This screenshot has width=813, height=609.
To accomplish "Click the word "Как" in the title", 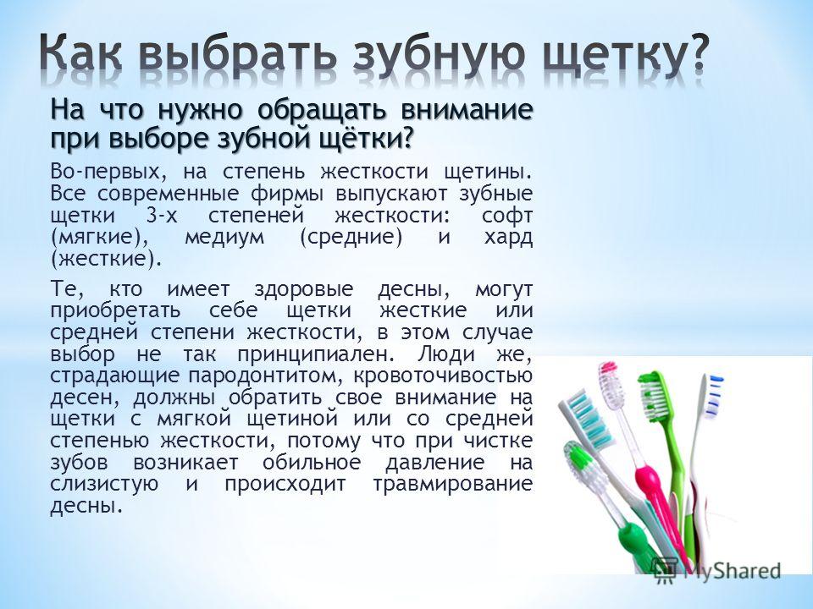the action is pyautogui.click(x=82, y=52).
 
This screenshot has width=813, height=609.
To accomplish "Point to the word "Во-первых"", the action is pyautogui.click(x=108, y=172).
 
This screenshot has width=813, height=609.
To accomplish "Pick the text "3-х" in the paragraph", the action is pyautogui.click(x=162, y=215).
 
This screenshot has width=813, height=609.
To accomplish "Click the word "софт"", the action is pyautogui.click(x=506, y=216).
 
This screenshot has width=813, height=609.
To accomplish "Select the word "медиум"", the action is pyautogui.click(x=224, y=238).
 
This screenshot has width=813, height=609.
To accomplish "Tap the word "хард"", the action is pyautogui.click(x=508, y=238).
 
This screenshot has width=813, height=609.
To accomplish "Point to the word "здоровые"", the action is pyautogui.click(x=303, y=289).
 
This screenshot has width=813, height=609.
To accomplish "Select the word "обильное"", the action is pyautogui.click(x=311, y=462).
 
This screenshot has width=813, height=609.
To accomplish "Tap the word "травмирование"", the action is pyautogui.click(x=452, y=484).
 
